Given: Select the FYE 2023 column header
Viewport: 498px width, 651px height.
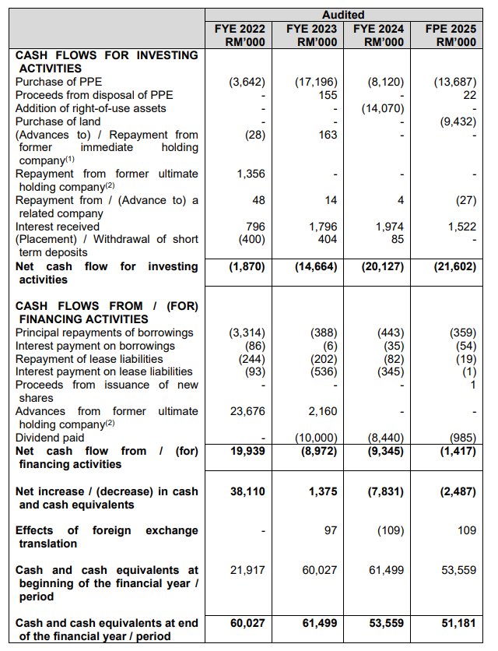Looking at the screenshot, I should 311,35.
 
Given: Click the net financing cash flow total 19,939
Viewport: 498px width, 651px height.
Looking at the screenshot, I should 247,451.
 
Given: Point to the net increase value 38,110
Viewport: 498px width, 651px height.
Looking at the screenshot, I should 247,492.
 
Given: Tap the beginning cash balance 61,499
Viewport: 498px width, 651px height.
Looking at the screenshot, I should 385,571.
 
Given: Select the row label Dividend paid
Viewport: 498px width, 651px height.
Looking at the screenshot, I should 48,438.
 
